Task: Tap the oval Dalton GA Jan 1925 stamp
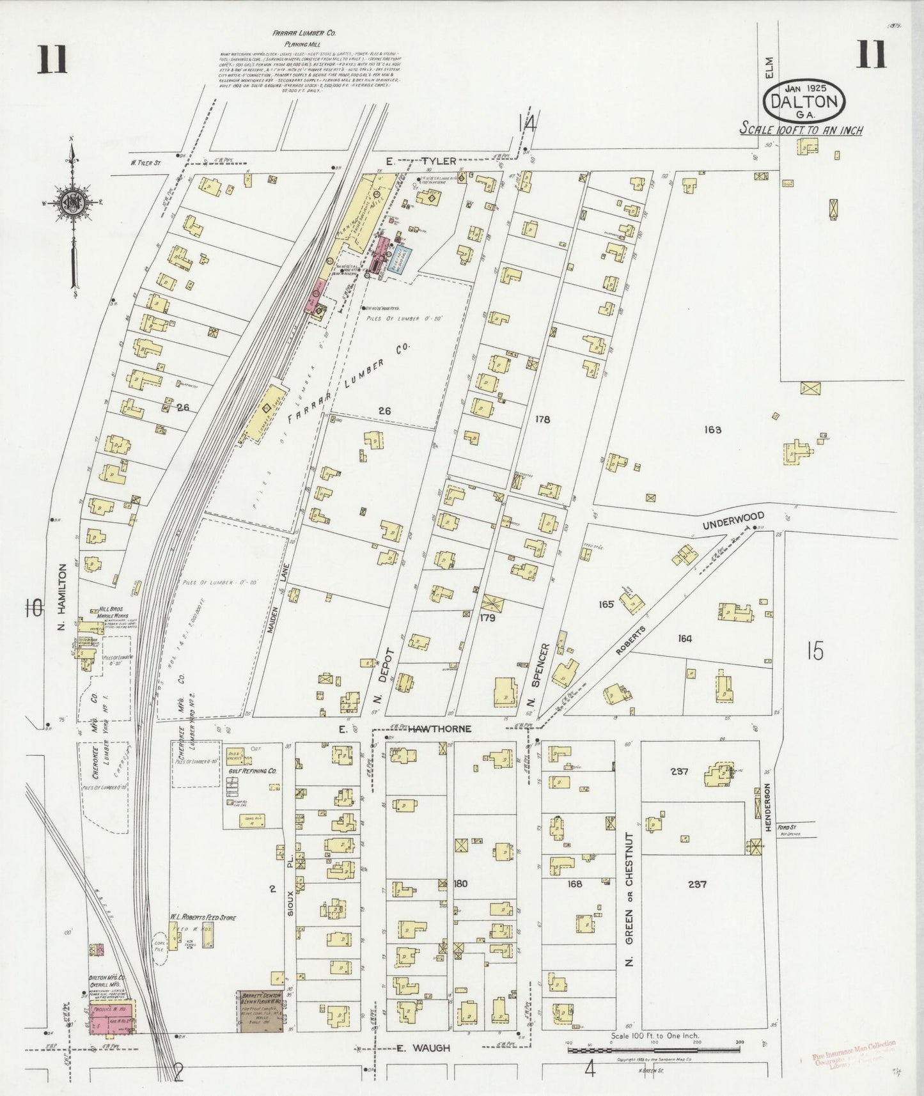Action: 804,102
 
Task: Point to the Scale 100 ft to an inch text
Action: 801,130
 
